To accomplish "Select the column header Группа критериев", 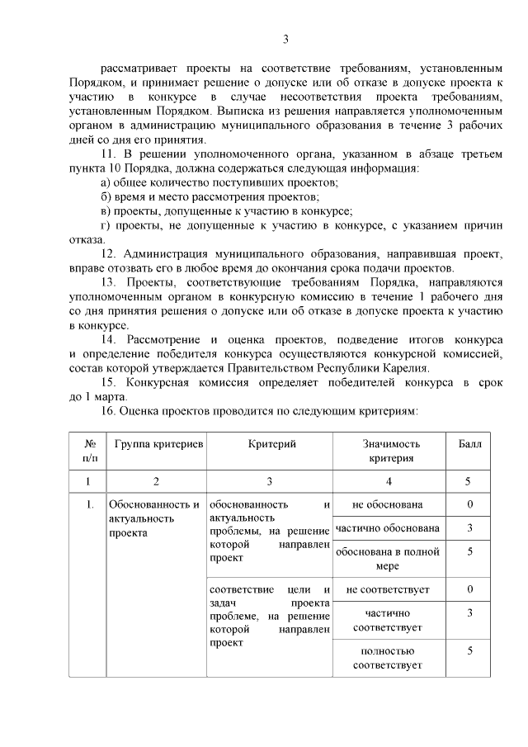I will pos(159,444).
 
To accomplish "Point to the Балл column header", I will pos(469,444).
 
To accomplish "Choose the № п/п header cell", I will pos(88,451).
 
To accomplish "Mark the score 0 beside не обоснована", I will pos(469,504).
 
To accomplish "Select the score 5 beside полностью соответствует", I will pos(469,651).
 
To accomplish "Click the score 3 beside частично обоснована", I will pos(469,528).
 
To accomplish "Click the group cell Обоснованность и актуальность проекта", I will pos(154,518).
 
